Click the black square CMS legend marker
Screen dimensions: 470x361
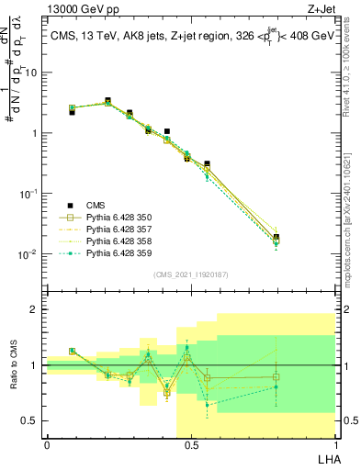click(68, 206)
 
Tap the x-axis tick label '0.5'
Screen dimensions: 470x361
click(190, 444)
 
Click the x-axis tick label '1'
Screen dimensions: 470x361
click(333, 444)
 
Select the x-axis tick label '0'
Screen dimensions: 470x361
click(47, 444)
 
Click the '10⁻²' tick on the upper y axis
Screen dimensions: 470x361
click(30, 254)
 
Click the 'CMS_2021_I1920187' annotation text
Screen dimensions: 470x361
click(190, 274)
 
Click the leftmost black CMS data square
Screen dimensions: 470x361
click(72, 112)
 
